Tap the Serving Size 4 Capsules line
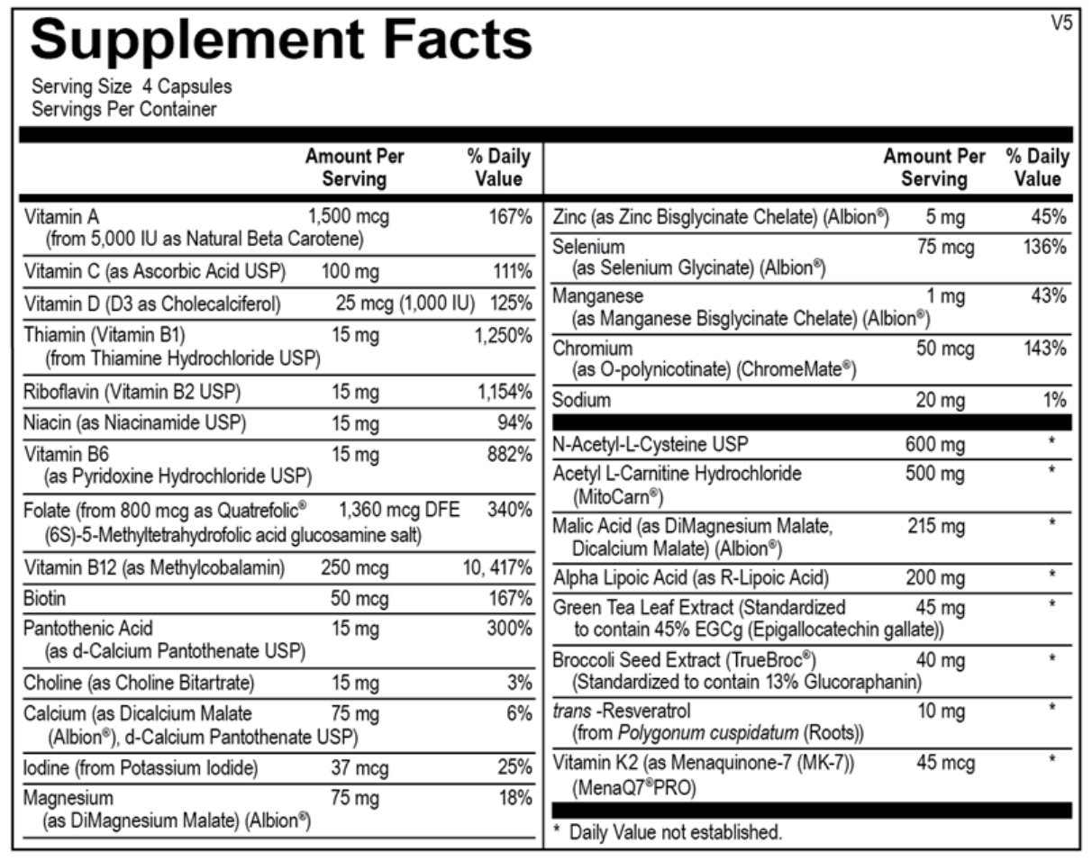tap(132, 87)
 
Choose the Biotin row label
tap(46, 598)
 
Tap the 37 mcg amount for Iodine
tap(359, 768)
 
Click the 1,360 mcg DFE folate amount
tap(399, 511)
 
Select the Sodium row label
tap(581, 400)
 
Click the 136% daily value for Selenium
tap(1046, 246)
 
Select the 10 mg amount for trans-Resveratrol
tap(940, 711)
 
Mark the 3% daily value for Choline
tap(519, 683)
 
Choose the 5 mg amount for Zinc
tap(944, 217)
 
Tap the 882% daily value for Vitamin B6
tap(509, 455)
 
